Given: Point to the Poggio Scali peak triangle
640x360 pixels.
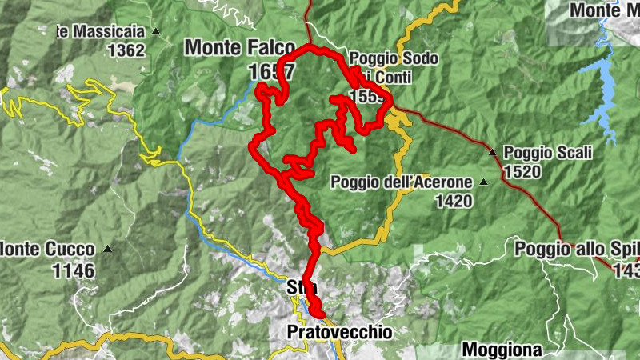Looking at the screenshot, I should click(x=493, y=151).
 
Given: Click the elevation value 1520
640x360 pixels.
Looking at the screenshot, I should click(x=522, y=171).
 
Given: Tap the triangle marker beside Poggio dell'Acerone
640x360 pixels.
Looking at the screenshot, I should click(x=483, y=182).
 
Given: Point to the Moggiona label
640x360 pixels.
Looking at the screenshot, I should click(x=502, y=350).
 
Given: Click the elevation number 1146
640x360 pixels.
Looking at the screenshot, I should click(x=74, y=270).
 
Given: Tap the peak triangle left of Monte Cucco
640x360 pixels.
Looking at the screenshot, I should click(x=107, y=249).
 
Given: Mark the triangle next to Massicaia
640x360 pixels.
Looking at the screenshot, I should click(x=155, y=33).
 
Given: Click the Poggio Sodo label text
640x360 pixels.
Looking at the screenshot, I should click(x=384, y=58).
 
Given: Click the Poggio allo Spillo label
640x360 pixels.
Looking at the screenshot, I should click(x=577, y=248).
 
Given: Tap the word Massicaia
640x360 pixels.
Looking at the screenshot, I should click(x=111, y=32).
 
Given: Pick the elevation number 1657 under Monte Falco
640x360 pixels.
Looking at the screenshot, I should click(x=271, y=72).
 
